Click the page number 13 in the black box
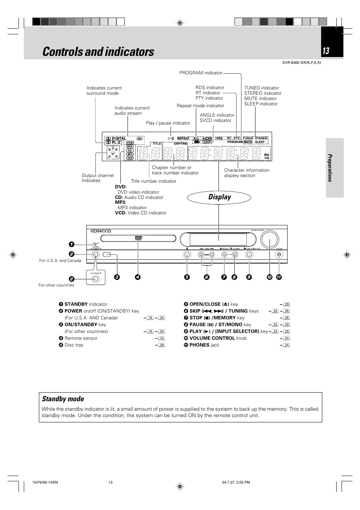[x=326, y=51]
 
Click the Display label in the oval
[x=219, y=197]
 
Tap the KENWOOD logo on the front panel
[x=101, y=231]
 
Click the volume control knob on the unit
[x=269, y=239]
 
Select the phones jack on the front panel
[x=279, y=255]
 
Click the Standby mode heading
[x=63, y=399]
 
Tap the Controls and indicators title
[x=98, y=52]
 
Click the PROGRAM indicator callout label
[x=201, y=73]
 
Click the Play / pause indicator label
[x=168, y=123]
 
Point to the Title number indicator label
[x=153, y=181]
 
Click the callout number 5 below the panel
[x=187, y=277]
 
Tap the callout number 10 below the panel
[x=269, y=277]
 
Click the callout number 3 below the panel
[x=117, y=277]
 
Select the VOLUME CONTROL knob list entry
[x=218, y=338]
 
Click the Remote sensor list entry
[x=81, y=338]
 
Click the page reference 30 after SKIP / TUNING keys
[x=287, y=311]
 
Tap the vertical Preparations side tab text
[x=329, y=168]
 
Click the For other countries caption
[x=56, y=285]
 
